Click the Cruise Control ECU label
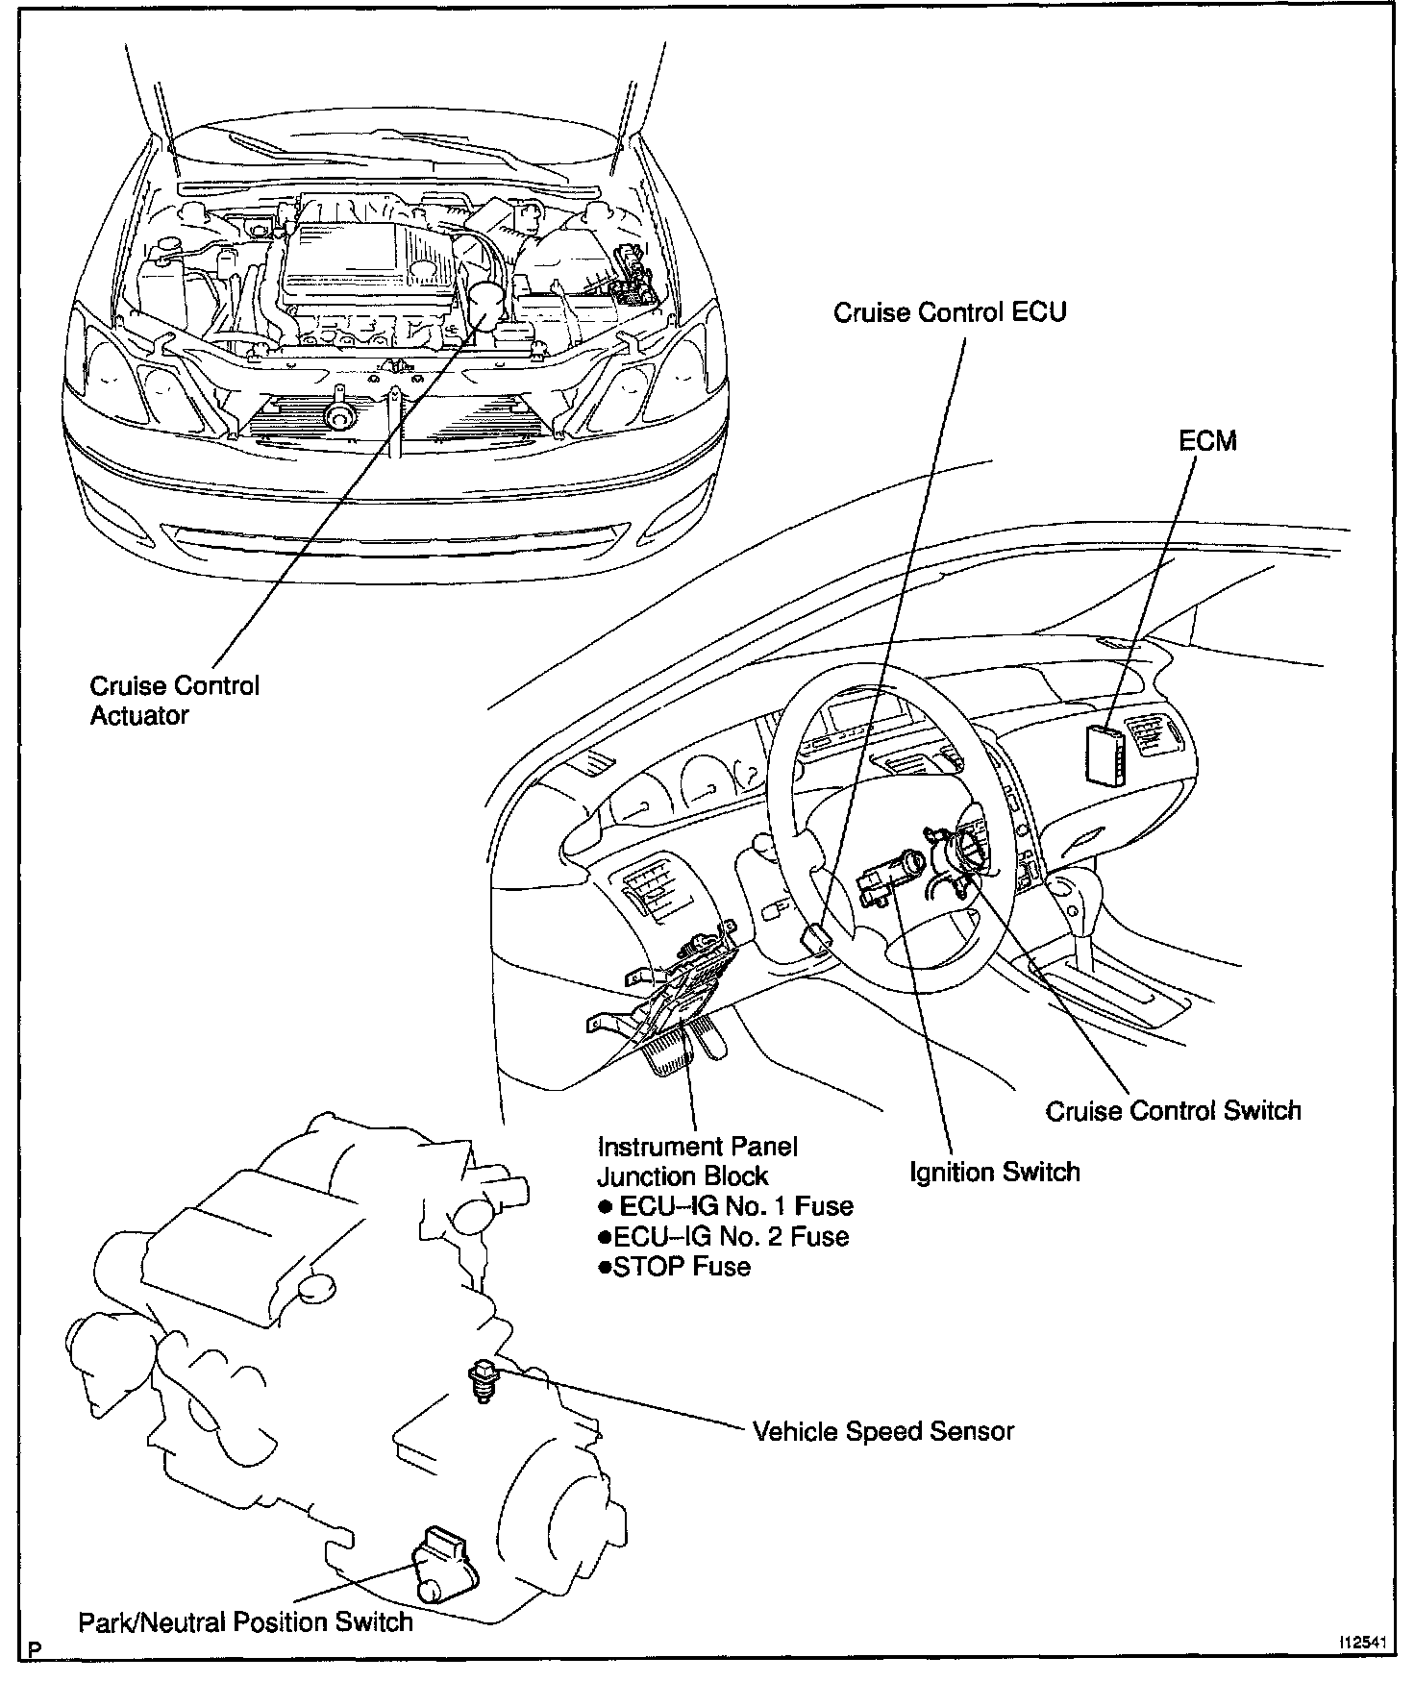[950, 312]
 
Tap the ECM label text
[1207, 441]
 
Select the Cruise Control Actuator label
[174, 701]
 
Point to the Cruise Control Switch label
[1173, 1111]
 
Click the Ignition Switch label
[994, 1173]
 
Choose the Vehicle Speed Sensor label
[882, 1431]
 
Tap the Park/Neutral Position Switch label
[245, 1622]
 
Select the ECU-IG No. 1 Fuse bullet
[726, 1205]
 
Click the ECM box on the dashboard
[1104, 752]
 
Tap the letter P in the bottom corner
[36, 1650]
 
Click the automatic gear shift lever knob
[1071, 889]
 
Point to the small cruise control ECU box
[814, 938]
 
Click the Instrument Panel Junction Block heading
[696, 1161]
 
